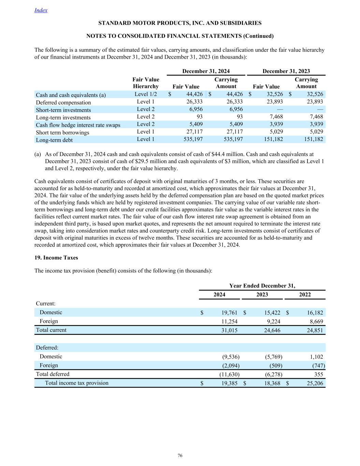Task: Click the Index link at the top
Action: point(41,10)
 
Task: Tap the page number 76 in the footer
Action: point(180,455)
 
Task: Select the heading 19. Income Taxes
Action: point(56,257)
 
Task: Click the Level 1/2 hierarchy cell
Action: point(146,94)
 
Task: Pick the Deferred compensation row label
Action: point(63,102)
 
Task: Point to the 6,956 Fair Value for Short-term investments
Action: point(196,109)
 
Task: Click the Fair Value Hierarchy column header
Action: point(146,83)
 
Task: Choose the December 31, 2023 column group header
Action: point(286,71)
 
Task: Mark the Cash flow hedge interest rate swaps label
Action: point(78,125)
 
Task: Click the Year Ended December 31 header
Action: point(262,286)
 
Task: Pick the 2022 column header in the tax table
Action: point(305,295)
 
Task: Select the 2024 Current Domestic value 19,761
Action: point(230,312)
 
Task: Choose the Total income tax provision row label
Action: point(77,383)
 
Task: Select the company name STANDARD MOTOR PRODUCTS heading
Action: point(180,23)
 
